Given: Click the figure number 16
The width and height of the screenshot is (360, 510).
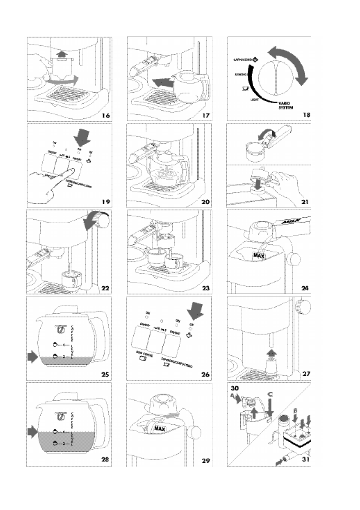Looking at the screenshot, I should tap(105, 115).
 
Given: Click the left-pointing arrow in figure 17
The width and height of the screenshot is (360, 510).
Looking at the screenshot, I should tap(159, 81).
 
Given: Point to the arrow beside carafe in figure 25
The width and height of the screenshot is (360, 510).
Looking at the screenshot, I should tap(33, 355).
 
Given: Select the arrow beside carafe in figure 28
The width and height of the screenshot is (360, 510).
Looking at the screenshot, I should tap(33, 430).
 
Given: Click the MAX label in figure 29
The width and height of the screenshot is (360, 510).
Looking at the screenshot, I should tap(160, 429).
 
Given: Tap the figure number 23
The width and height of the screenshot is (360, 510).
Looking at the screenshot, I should tap(205, 288).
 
